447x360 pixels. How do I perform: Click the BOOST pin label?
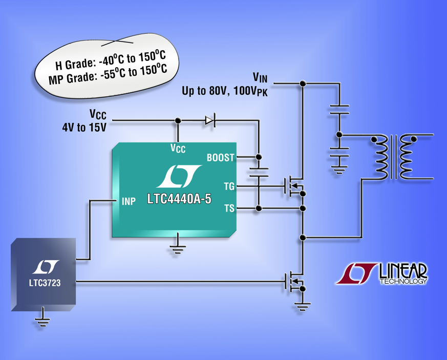220,158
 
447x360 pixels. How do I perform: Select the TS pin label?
229,208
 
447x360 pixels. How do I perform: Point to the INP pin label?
128,202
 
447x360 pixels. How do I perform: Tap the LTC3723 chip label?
44,283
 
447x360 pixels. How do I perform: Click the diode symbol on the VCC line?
210,121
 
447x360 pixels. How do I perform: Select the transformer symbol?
394,157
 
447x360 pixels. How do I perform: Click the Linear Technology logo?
382,274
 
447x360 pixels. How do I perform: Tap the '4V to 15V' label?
84,128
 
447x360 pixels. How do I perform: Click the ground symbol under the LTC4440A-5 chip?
177,249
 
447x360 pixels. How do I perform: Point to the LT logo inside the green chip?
177,177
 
